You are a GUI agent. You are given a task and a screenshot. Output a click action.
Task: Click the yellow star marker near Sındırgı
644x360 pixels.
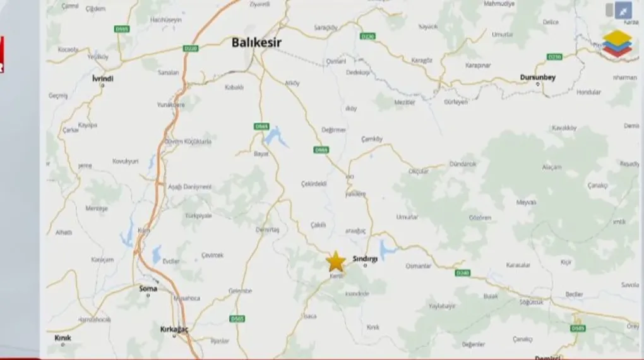pyautogui.click(x=336, y=261)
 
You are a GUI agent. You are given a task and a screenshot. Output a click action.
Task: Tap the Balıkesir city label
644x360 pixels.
pyautogui.click(x=256, y=42)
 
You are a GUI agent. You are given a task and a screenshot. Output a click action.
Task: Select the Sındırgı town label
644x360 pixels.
pyautogui.click(x=365, y=259)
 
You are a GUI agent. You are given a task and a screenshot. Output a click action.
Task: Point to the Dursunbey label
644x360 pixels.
pyautogui.click(x=537, y=77)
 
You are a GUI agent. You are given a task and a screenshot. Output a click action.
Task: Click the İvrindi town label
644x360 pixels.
pyautogui.click(x=102, y=78)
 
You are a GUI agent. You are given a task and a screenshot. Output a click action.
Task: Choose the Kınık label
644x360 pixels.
pyautogui.click(x=63, y=338)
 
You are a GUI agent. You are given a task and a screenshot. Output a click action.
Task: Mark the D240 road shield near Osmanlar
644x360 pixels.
pyautogui.click(x=462, y=273)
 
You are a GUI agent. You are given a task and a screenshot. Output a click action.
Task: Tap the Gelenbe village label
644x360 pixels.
pyautogui.click(x=240, y=291)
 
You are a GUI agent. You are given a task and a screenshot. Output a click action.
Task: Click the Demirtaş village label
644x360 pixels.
pyautogui.click(x=268, y=230)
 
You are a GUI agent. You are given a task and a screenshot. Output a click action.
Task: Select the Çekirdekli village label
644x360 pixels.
pyautogui.click(x=314, y=183)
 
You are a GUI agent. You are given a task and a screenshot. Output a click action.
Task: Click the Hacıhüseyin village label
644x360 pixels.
pyautogui.click(x=166, y=20)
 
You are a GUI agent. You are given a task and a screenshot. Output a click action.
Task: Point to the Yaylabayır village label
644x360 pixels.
pyautogui.click(x=442, y=306)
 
